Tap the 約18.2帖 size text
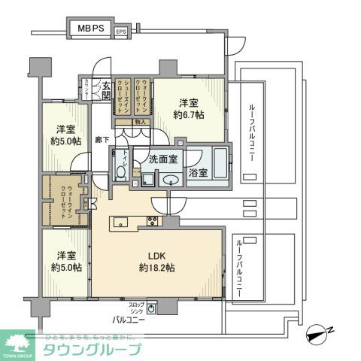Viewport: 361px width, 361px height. [156, 267]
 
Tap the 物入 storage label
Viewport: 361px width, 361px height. [140, 122]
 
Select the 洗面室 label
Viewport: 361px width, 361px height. [162, 159]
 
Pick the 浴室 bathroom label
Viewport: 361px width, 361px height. [199, 172]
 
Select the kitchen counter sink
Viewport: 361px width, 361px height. [119, 221]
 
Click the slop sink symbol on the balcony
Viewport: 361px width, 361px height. [153, 308]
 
